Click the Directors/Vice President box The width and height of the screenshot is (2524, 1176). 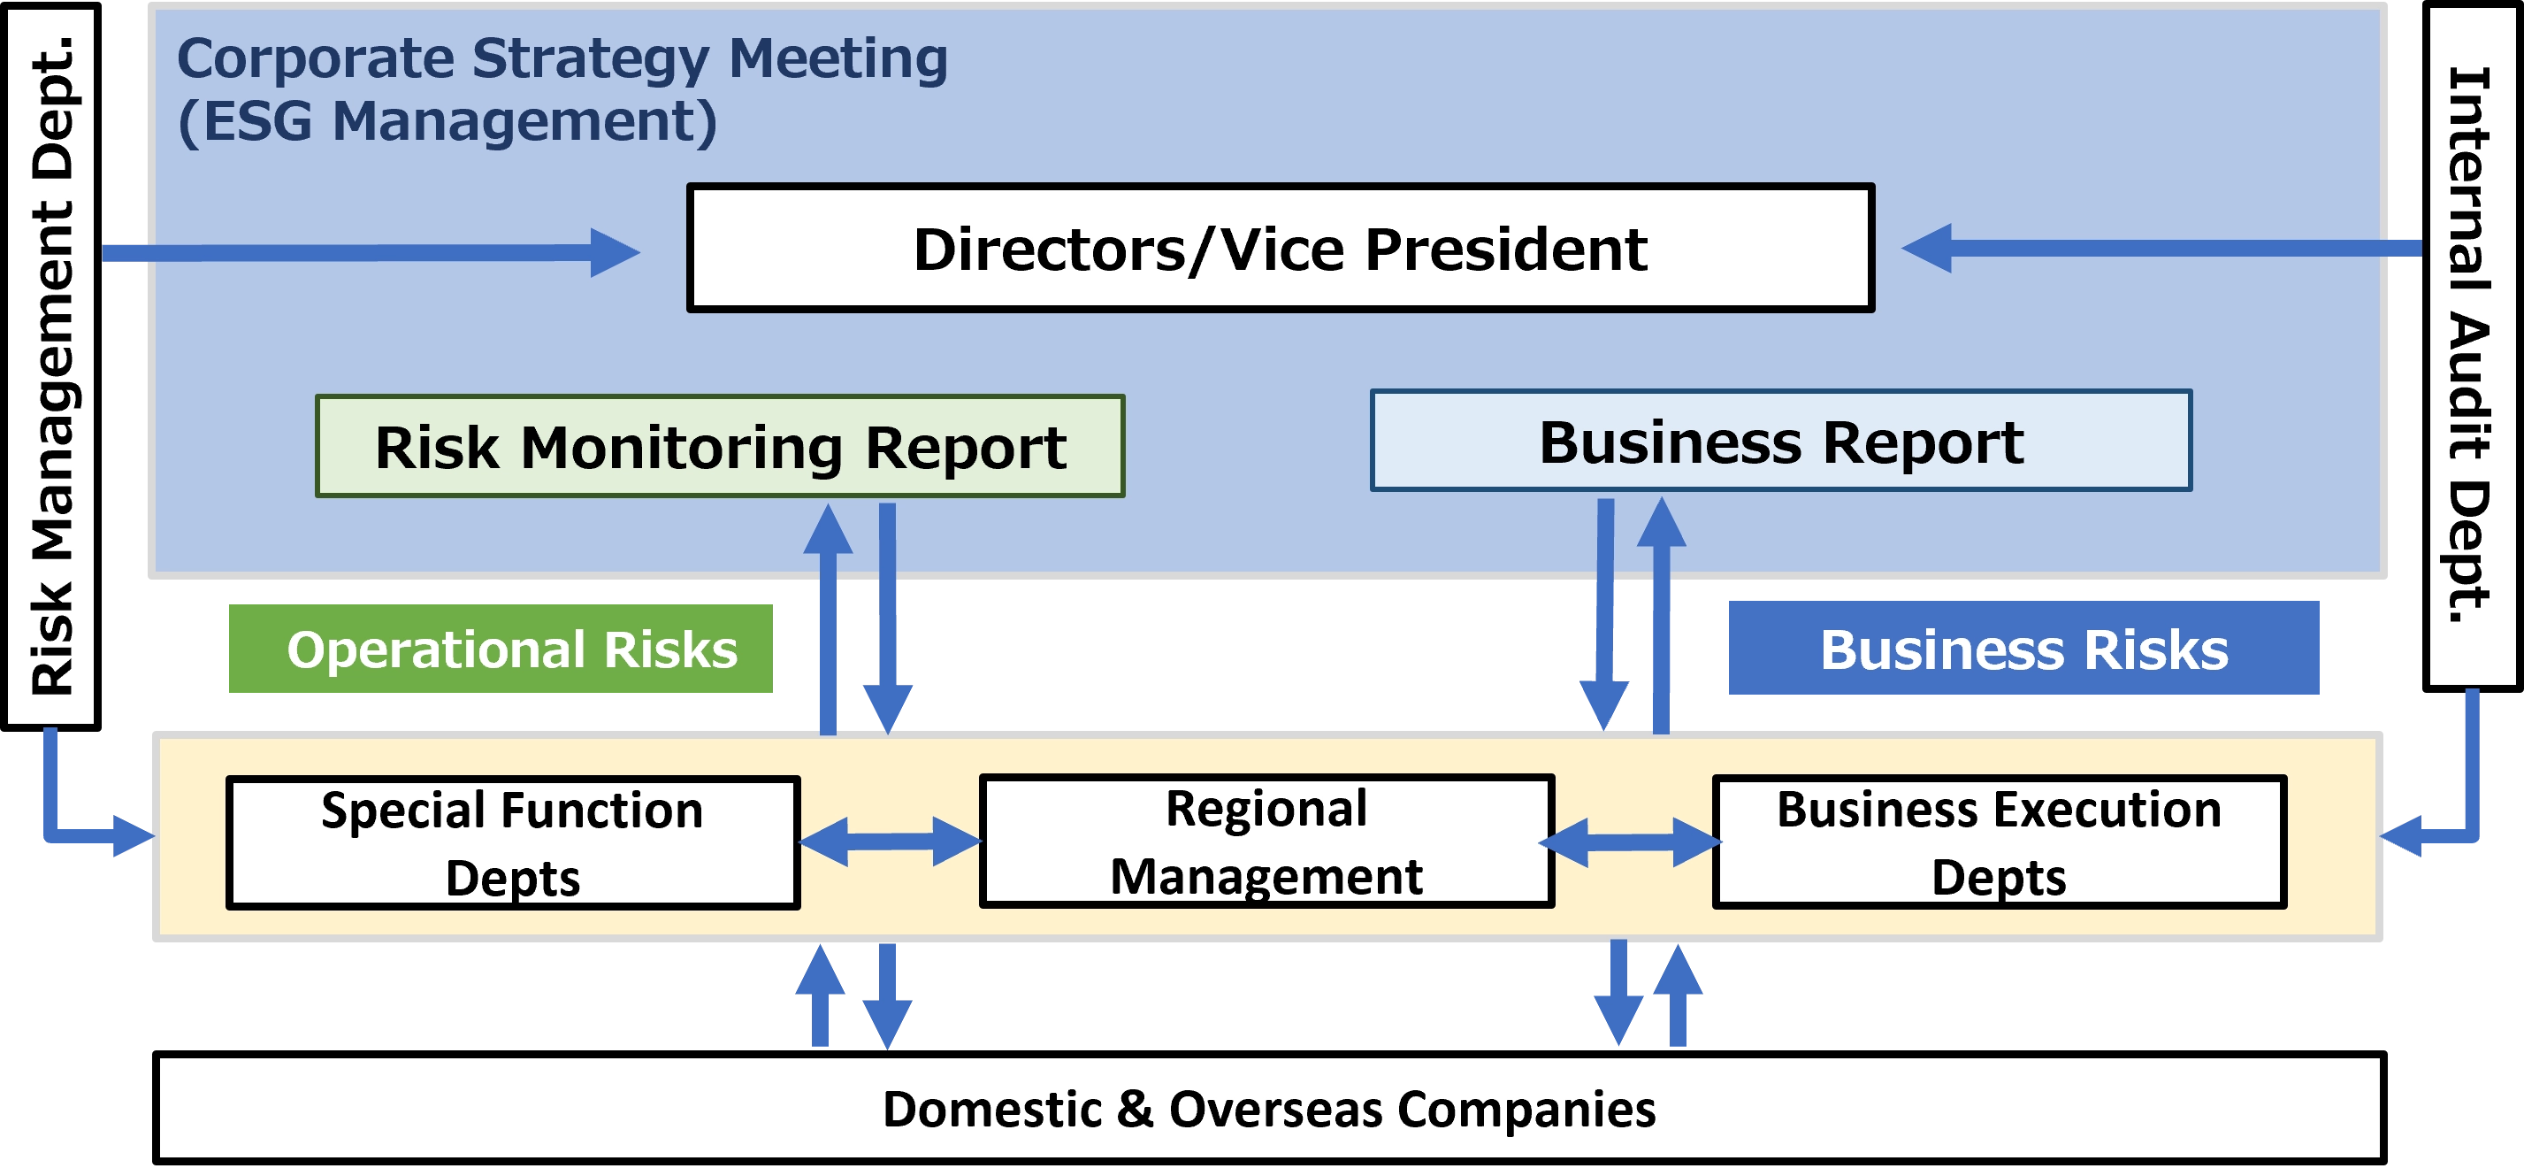coord(1280,248)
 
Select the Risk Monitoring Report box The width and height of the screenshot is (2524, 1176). coord(719,447)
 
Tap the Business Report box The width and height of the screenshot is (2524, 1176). coord(1780,441)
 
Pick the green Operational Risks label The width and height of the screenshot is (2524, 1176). coord(501,649)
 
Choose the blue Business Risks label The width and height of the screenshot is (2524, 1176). coord(2023,649)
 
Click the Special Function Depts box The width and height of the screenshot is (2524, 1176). coord(512,842)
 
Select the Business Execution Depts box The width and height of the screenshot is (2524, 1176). coord(1999,842)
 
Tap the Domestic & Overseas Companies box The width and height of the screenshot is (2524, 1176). coord(1268,1109)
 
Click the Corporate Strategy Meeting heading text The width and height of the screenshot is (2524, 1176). coord(562,58)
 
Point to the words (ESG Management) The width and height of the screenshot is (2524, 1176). coord(447,121)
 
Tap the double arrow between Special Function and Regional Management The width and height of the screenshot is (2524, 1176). coord(890,841)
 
